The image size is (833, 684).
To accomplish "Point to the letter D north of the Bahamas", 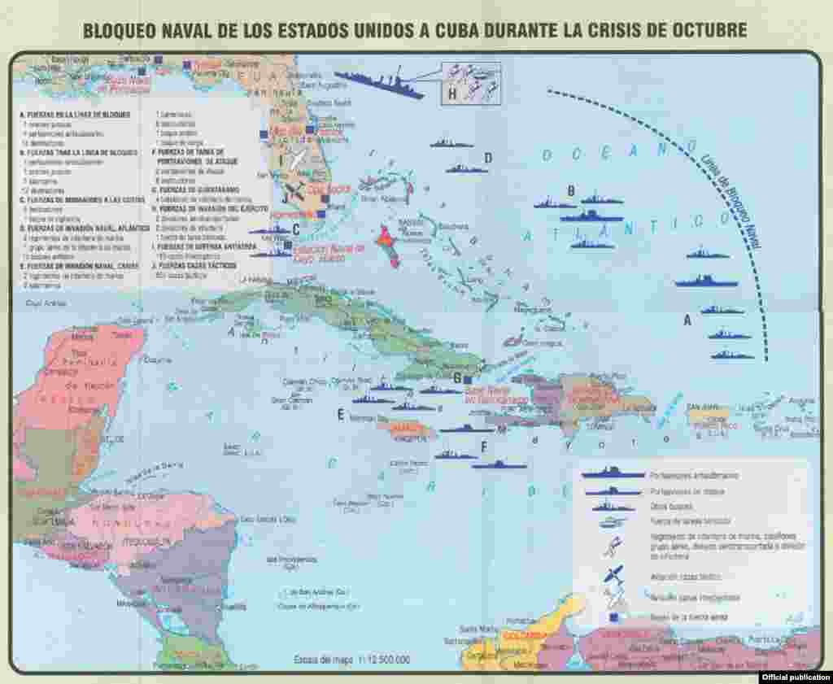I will coord(488,158).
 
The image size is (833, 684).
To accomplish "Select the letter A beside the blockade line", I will coord(687,320).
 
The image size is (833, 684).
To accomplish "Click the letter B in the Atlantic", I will coord(571,191).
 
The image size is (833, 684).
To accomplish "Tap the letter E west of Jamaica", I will coord(341,414).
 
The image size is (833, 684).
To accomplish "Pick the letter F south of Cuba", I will coord(484,445).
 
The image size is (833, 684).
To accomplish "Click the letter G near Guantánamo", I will coord(457,377).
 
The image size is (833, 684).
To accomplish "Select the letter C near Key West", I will coord(296,229).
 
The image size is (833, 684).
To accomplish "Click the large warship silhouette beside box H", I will coord(379,84).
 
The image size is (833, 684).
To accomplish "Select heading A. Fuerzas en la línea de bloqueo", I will coord(74,115).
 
